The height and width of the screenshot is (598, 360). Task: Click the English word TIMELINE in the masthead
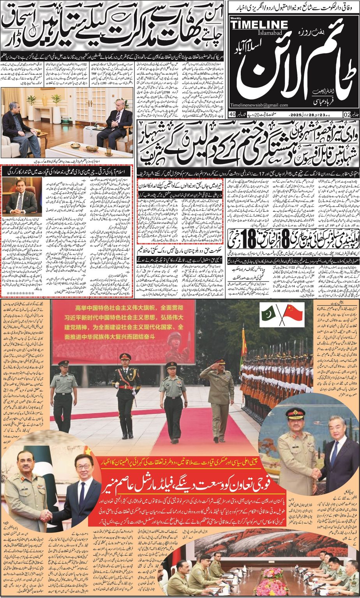pos(259,25)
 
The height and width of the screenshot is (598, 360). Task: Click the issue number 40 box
pos(232,114)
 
